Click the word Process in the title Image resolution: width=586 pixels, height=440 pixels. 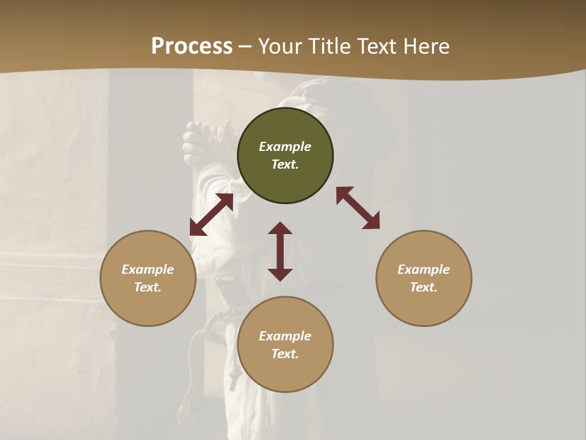tap(192, 46)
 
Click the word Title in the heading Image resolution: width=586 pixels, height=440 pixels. tap(328, 46)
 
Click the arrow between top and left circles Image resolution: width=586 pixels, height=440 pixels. tap(211, 215)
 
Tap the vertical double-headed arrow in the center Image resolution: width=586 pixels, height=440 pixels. tap(280, 251)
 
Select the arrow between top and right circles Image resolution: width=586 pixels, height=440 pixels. tap(358, 208)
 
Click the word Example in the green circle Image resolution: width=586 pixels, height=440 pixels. tap(285, 147)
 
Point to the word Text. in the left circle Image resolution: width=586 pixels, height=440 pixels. tap(148, 287)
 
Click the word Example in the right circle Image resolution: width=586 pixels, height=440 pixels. tap(424, 269)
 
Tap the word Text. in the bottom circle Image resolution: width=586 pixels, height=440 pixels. tap(285, 354)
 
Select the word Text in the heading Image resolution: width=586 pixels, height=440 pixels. tap(375, 46)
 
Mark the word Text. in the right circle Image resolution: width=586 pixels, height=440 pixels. tap(424, 287)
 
